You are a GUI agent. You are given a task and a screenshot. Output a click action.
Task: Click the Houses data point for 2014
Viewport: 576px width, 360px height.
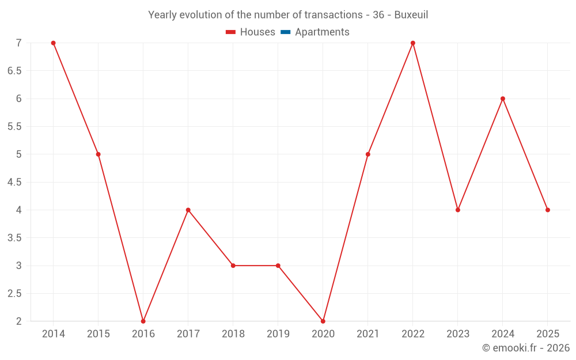[53, 43]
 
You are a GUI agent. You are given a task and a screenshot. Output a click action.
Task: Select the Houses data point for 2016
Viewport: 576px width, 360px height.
[143, 321]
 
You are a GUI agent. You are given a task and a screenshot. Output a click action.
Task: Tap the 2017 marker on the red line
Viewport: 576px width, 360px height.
[188, 210]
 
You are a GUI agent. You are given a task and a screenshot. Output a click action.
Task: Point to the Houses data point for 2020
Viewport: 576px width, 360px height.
[323, 321]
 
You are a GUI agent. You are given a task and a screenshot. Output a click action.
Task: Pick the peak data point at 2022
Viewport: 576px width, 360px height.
[412, 43]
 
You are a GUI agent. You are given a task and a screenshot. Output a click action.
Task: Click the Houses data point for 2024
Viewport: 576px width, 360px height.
[502, 98]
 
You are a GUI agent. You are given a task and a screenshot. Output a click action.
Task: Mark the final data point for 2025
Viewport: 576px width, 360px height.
[547, 210]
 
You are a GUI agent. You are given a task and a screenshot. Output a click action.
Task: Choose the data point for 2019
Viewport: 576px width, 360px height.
[278, 266]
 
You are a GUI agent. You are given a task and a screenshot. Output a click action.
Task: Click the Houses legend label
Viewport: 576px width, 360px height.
[257, 32]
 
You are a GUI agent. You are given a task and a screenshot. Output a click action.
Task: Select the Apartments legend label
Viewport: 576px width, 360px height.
[322, 32]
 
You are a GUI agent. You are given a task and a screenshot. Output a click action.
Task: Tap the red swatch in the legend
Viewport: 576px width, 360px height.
[231, 32]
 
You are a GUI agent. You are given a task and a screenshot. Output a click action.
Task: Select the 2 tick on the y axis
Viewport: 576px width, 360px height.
[18, 321]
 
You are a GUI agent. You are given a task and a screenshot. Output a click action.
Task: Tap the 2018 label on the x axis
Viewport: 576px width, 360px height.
[233, 334]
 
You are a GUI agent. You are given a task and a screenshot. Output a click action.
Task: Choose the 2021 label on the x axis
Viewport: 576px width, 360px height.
[367, 334]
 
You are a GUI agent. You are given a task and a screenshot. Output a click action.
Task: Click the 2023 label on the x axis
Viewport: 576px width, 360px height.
[457, 334]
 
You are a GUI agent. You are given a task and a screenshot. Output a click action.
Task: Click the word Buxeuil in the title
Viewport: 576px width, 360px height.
[411, 15]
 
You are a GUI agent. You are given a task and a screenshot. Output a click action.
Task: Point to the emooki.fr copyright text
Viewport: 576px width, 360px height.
[525, 348]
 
